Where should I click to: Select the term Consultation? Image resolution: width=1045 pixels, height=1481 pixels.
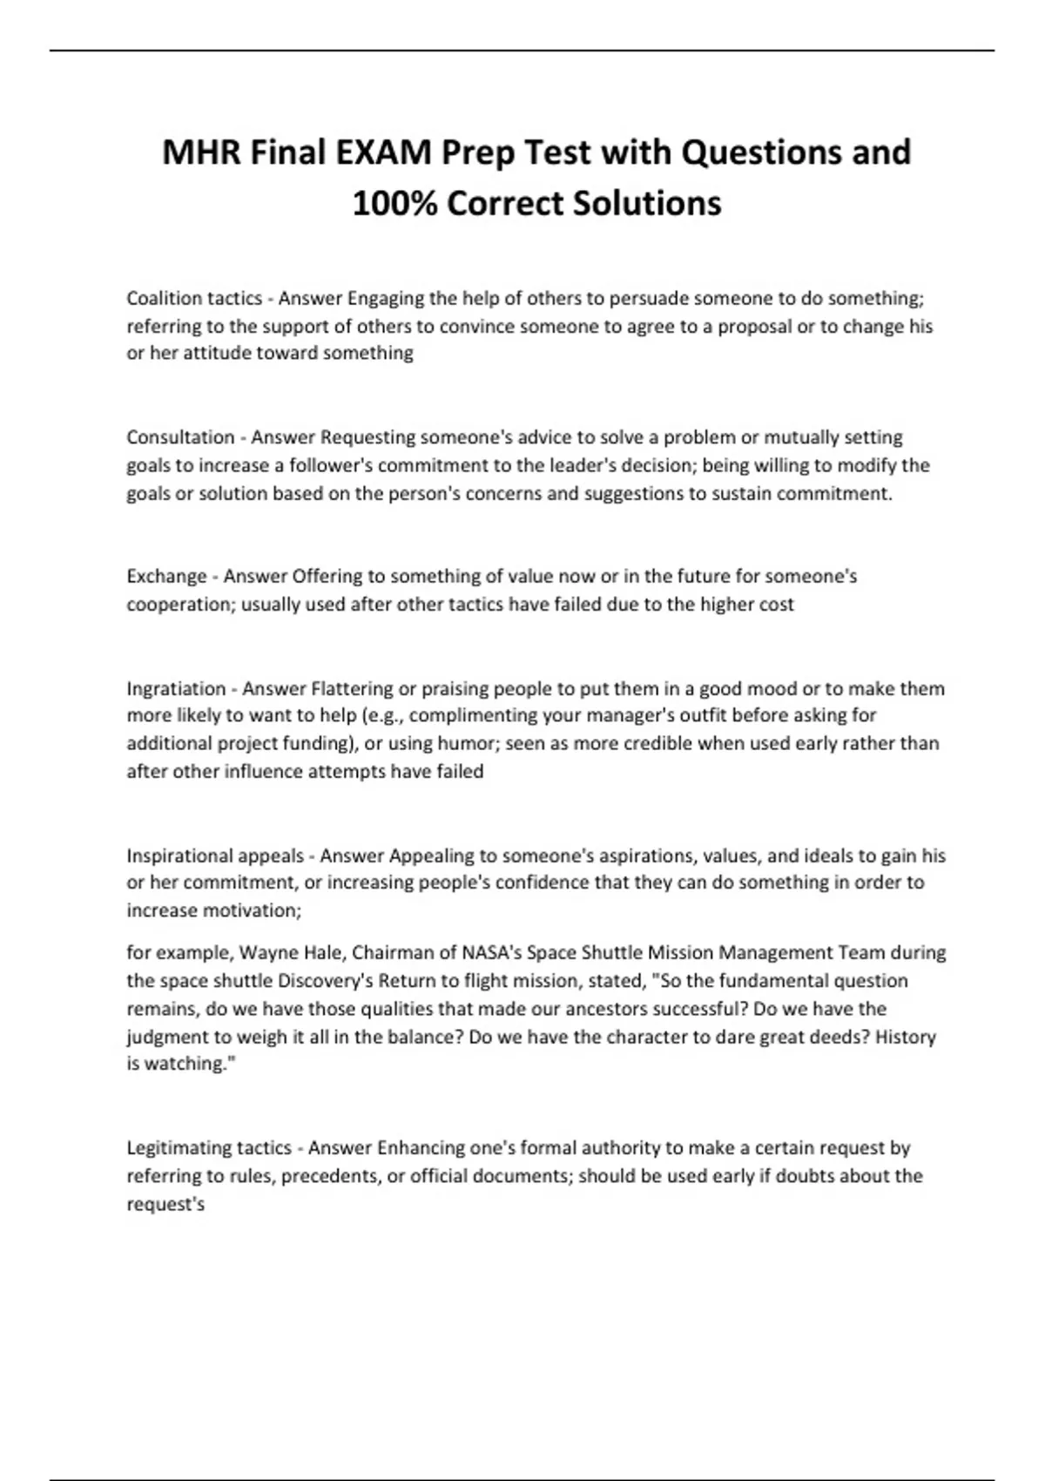click(x=180, y=436)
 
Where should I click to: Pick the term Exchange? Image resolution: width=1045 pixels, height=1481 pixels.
click(x=166, y=576)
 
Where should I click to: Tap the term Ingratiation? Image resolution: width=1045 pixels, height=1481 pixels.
click(x=175, y=688)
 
